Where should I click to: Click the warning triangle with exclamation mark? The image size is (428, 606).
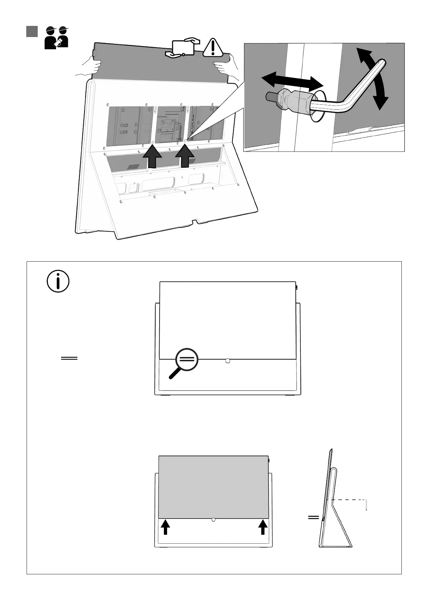(x=213, y=48)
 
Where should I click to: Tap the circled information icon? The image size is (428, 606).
(x=58, y=281)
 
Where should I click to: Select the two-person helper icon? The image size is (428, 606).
(x=56, y=37)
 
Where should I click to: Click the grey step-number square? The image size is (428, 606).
(x=32, y=31)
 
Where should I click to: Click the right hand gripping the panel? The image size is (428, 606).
(x=225, y=66)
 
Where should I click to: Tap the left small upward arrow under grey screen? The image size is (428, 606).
(x=165, y=528)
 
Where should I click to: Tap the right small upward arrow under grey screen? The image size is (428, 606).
(x=263, y=528)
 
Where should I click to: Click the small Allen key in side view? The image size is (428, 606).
(x=366, y=505)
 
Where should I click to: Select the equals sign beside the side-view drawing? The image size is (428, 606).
(x=313, y=518)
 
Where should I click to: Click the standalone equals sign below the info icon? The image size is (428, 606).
(x=69, y=358)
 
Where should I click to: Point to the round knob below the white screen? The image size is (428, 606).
(x=227, y=361)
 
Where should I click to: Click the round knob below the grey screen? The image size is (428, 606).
(x=213, y=520)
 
